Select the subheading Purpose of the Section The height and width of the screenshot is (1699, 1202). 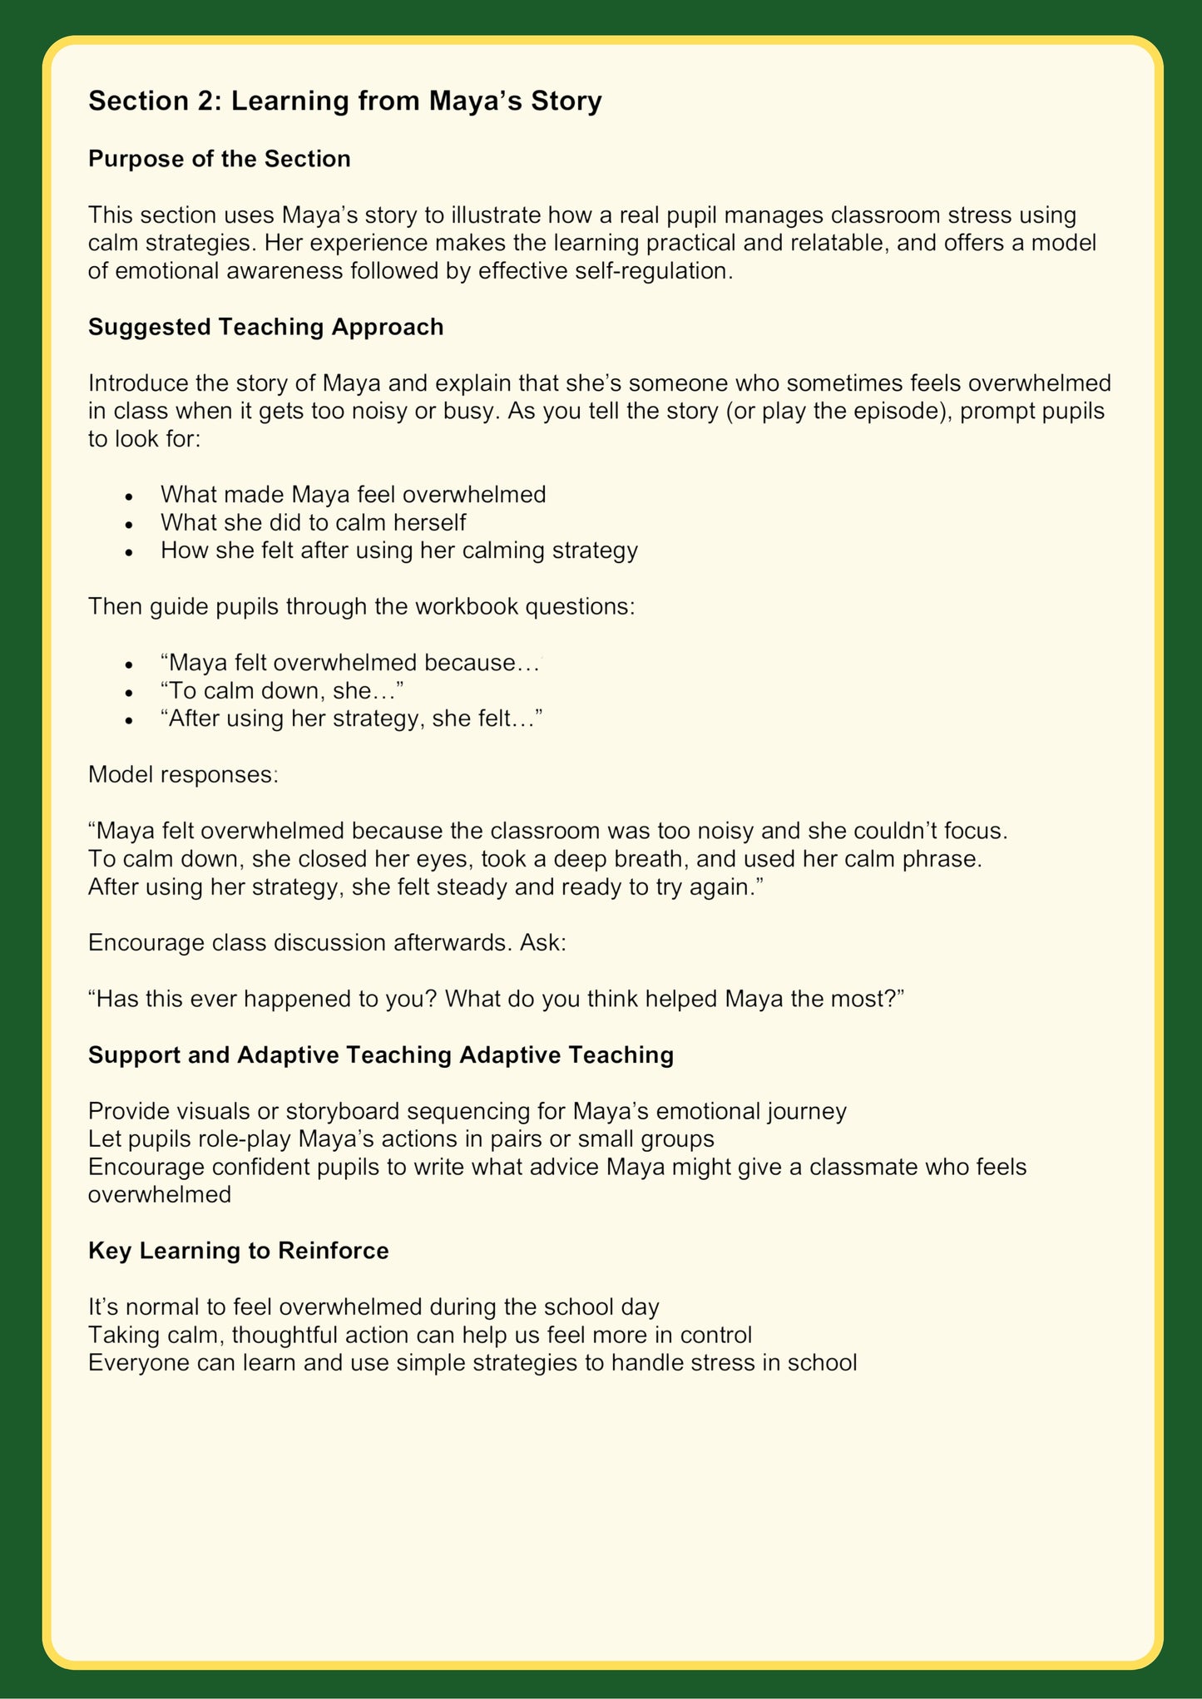[x=219, y=159]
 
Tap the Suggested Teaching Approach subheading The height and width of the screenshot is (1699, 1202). [x=265, y=327]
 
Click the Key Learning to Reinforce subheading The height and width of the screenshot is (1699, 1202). [x=238, y=1251]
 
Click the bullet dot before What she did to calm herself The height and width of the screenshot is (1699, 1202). [x=128, y=524]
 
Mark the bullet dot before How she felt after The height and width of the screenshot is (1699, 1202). [x=128, y=551]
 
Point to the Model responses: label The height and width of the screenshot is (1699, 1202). [x=183, y=774]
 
